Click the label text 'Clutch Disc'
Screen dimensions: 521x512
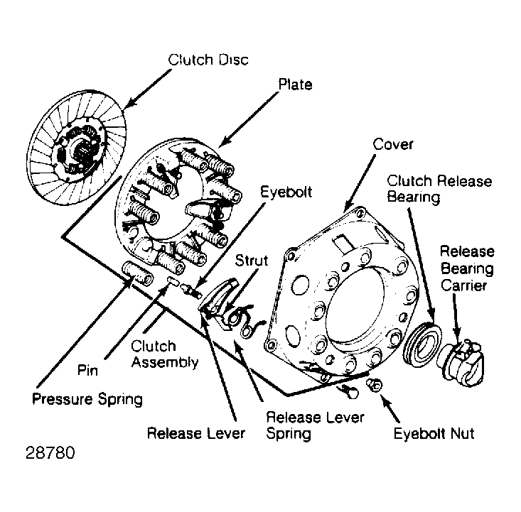point(208,60)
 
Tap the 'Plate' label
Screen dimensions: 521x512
point(295,85)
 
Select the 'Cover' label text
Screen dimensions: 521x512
point(393,144)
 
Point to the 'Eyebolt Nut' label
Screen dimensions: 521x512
point(434,433)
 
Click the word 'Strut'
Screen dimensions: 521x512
point(251,261)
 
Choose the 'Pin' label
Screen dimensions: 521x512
point(87,370)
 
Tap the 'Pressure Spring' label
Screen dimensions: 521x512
point(87,399)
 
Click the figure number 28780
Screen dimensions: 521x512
point(50,452)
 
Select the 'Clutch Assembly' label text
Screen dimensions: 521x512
point(165,354)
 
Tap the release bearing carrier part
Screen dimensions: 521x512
point(463,364)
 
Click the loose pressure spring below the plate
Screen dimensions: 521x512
point(138,273)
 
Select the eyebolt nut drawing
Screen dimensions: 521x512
point(375,385)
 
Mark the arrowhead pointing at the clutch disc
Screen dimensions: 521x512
point(131,102)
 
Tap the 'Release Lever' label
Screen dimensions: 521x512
point(196,433)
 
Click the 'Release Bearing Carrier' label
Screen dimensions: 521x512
point(467,268)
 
